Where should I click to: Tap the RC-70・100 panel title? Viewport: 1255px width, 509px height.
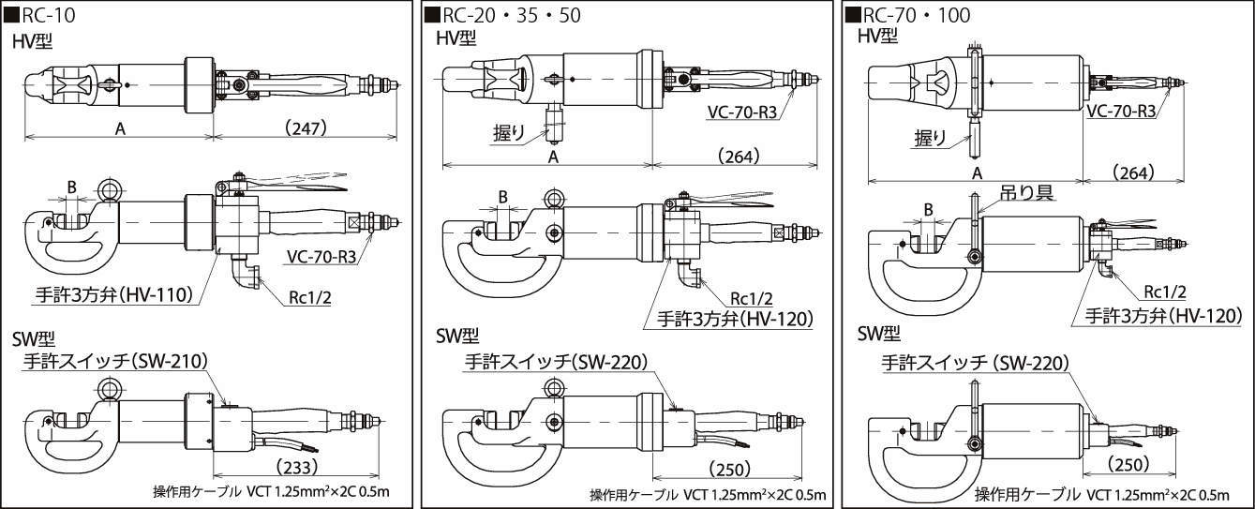pyautogui.click(x=908, y=15)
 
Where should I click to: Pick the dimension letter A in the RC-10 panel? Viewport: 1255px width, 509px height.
pyautogui.click(x=120, y=129)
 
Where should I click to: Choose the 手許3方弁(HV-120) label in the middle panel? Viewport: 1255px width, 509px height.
pyautogui.click(x=727, y=318)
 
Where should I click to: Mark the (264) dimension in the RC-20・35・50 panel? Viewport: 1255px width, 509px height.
pyautogui.click(x=739, y=156)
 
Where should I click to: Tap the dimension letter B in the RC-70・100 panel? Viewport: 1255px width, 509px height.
pyautogui.click(x=928, y=209)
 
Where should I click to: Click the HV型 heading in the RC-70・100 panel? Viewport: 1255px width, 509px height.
pyautogui.click(x=877, y=36)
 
